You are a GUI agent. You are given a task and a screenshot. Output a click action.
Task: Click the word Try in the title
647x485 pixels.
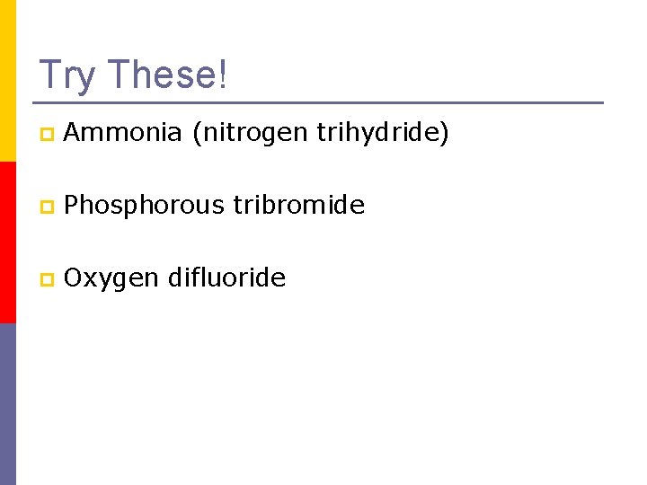tap(66, 76)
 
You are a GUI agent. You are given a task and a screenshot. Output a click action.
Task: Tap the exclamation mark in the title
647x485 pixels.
tap(223, 75)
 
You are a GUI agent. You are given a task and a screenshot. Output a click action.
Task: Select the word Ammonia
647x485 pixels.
tap(123, 133)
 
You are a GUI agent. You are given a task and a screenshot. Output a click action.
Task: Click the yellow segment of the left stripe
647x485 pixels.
tap(7, 81)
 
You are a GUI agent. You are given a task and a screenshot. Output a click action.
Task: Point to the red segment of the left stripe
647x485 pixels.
tap(7, 242)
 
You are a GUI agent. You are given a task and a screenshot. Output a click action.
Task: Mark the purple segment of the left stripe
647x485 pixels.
tap(7, 404)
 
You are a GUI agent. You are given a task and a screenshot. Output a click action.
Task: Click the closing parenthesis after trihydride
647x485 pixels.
tap(444, 135)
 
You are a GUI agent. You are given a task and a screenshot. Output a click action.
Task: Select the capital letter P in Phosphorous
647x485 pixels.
tap(72, 206)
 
